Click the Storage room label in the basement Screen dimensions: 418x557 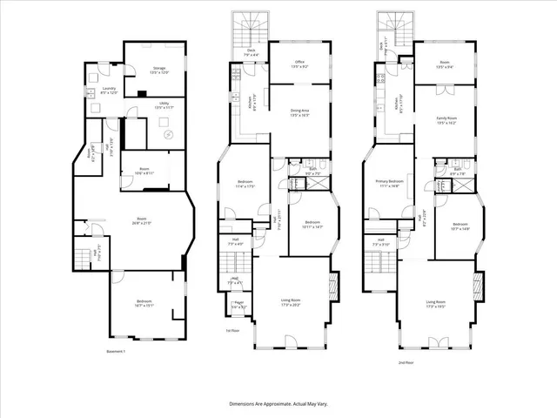(x=159, y=69)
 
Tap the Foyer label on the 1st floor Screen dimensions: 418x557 (x=238, y=306)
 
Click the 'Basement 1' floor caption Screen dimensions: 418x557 (x=117, y=351)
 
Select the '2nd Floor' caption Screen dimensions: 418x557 (x=406, y=362)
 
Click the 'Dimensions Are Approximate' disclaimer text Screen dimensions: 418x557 (x=278, y=403)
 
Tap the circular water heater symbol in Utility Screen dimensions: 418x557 (x=171, y=133)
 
